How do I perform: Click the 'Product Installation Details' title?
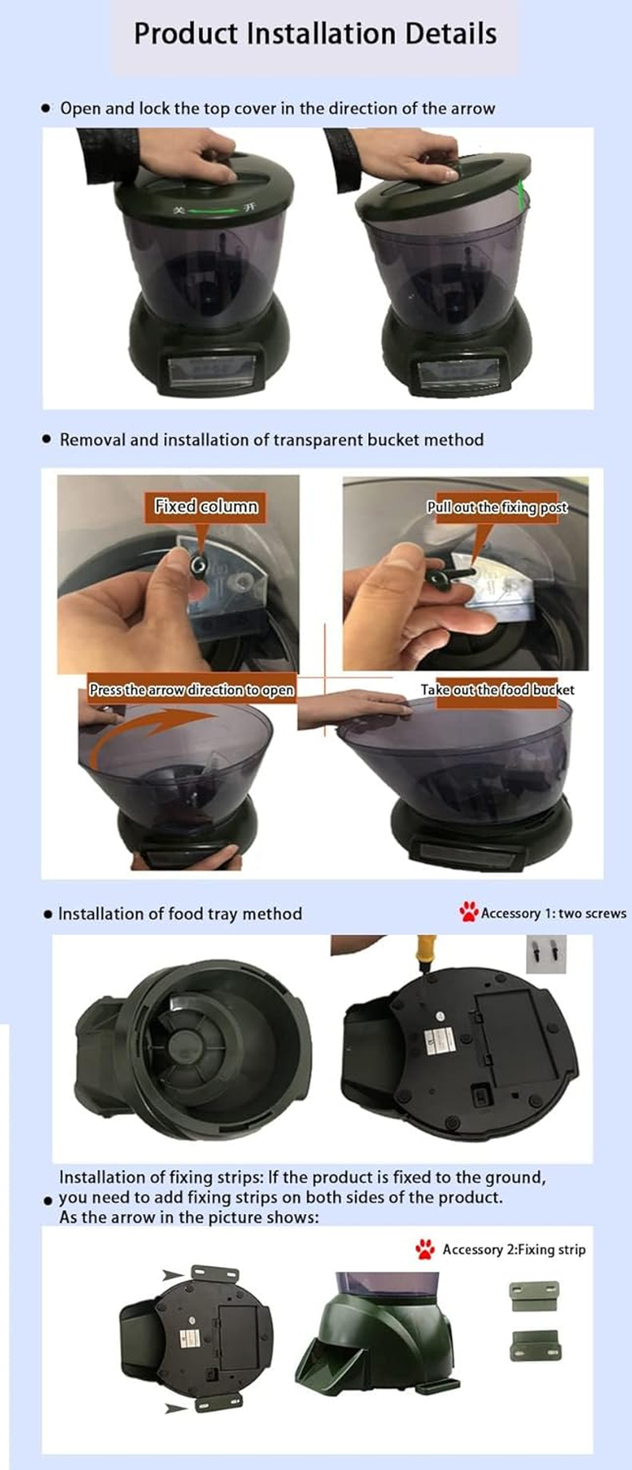[x=315, y=34]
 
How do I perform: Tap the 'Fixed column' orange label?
[x=205, y=507]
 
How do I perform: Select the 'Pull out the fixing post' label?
[x=497, y=507]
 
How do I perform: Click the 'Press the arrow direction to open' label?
[x=191, y=690]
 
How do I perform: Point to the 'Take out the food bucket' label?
[x=497, y=690]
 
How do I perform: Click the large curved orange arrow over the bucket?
[x=150, y=727]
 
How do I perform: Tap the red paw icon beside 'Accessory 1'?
[x=468, y=912]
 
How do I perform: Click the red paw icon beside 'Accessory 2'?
[x=425, y=1249]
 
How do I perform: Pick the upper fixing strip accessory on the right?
[x=535, y=1295]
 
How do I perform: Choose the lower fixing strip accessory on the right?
[x=535, y=1344]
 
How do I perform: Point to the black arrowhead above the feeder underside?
[x=172, y=1275]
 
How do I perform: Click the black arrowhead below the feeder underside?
[x=175, y=1407]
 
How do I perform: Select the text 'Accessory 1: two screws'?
[x=553, y=914]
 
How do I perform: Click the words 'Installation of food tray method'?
[x=180, y=914]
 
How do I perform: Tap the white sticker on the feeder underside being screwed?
[x=440, y=1040]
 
